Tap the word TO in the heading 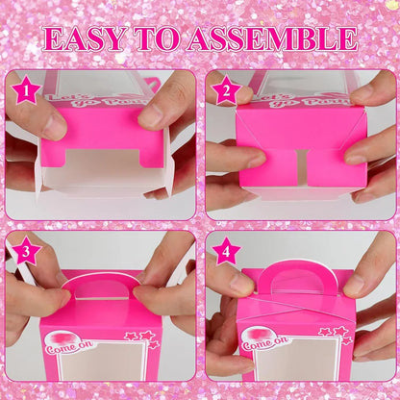[x=165, y=39]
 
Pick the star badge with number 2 [x=224, y=90]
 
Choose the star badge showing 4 [x=224, y=253]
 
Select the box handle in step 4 [x=293, y=280]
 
